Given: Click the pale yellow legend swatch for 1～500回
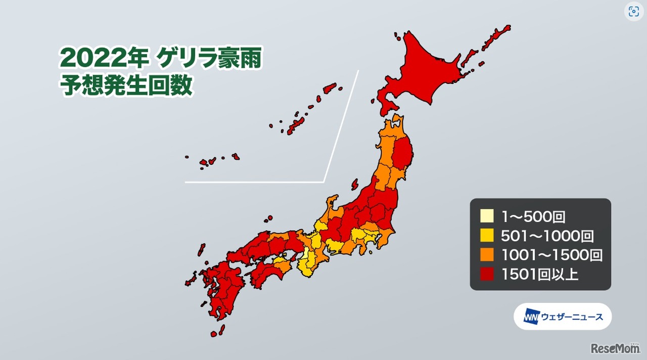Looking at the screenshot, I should pos(486,216).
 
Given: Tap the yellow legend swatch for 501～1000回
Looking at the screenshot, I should pos(486,236).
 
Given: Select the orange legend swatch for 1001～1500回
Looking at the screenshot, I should pos(486,255).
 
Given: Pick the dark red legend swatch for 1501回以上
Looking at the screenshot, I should pos(486,275).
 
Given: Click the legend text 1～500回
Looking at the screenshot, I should pos(532,217).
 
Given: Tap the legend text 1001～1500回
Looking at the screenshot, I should pos(551,255).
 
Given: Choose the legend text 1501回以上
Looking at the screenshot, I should pos(539,275).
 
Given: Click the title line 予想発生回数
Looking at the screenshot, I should pos(126,85).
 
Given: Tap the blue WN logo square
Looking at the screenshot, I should pos(531,317).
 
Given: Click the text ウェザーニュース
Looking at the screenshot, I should pos(572,317).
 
